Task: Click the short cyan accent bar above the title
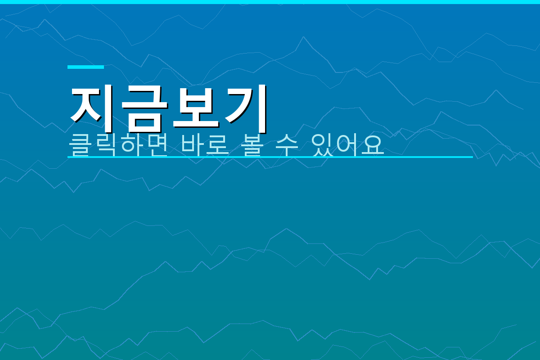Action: pyautogui.click(x=85, y=67)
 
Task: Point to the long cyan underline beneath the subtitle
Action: pyautogui.click(x=270, y=157)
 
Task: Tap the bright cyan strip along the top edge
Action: pyautogui.click(x=270, y=2)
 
